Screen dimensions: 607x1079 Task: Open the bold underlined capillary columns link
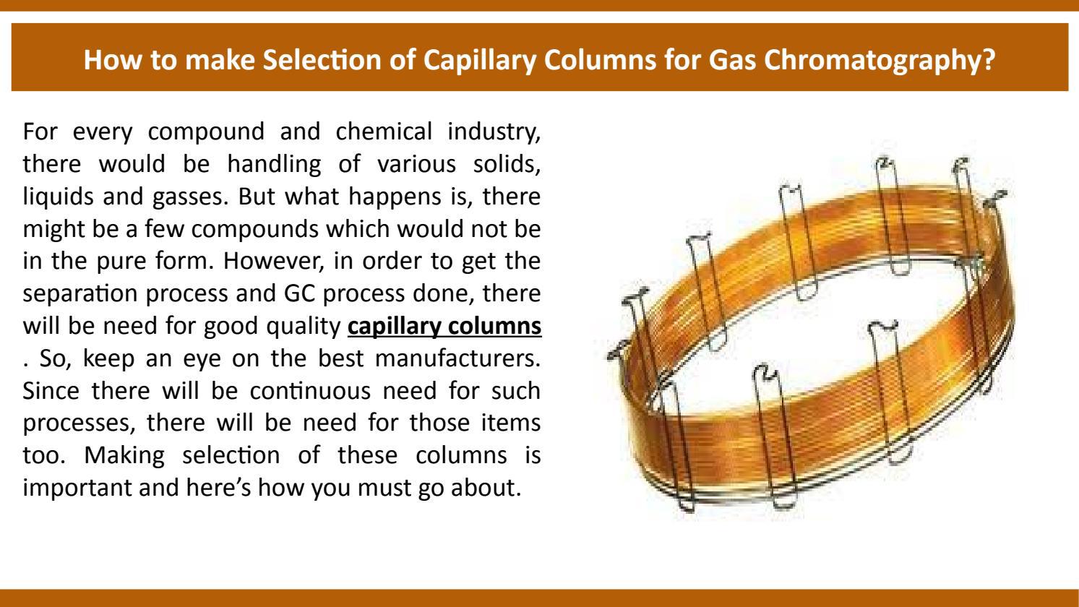pos(444,327)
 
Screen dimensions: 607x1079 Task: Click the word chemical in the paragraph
pos(384,132)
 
